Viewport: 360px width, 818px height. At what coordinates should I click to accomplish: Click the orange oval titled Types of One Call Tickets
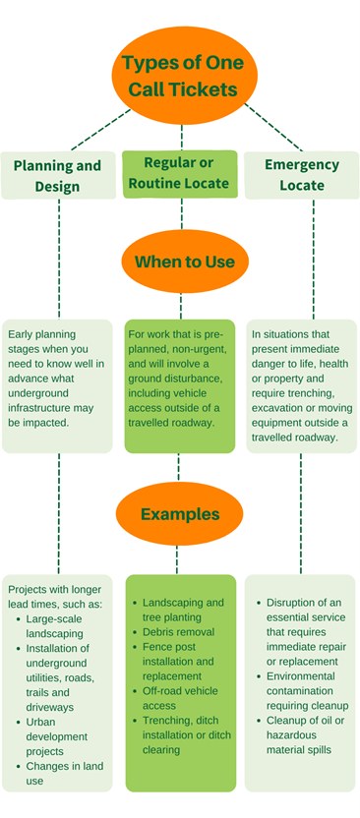179,76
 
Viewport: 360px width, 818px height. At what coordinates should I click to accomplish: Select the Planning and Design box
57,176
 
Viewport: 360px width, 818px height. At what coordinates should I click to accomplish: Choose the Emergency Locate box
302,175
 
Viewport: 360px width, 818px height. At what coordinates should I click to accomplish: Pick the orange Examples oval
179,514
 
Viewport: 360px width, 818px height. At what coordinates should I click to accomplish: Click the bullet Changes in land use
63,773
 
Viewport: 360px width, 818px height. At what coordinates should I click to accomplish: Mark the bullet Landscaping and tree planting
183,610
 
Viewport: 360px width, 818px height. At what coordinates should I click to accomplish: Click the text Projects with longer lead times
55,596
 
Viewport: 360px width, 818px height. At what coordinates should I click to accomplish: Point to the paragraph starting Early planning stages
57,373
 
